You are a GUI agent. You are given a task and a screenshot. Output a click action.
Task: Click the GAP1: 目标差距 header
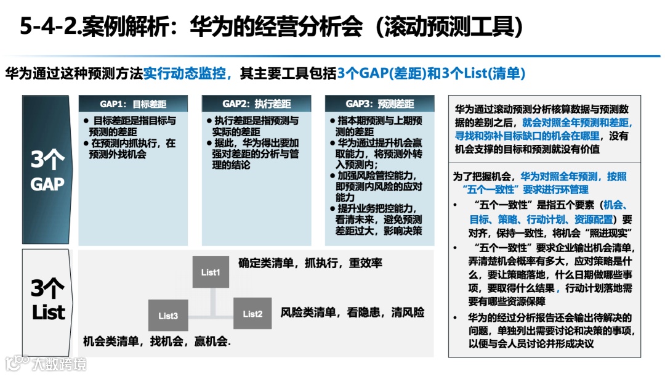coord(133,104)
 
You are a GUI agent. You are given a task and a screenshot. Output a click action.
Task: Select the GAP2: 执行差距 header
coord(257,104)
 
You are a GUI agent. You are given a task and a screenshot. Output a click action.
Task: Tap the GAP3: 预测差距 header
coord(380,104)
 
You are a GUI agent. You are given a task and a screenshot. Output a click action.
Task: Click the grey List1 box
coord(211,272)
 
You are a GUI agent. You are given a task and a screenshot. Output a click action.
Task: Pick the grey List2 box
coord(252,314)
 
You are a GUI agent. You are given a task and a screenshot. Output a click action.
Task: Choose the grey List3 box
coord(168,316)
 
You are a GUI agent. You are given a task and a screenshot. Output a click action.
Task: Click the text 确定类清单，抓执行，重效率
coord(310,264)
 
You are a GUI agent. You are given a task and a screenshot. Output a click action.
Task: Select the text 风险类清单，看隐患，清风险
coord(352,313)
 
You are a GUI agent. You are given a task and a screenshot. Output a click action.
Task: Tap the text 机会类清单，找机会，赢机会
coord(157,341)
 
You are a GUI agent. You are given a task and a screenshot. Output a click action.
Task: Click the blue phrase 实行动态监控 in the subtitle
coord(187,74)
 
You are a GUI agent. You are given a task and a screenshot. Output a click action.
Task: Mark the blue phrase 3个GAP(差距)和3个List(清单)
coord(431,74)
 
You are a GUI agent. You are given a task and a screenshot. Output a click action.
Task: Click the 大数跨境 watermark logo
coord(46,362)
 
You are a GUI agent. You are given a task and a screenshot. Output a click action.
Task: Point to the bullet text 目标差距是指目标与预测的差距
coord(132,126)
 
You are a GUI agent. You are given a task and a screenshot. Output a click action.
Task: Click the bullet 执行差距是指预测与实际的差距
coord(256,126)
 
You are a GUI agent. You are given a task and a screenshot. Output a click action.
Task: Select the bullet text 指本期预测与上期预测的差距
coord(379,126)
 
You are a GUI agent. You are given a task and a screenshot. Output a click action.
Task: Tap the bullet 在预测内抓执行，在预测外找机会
coord(132,149)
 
